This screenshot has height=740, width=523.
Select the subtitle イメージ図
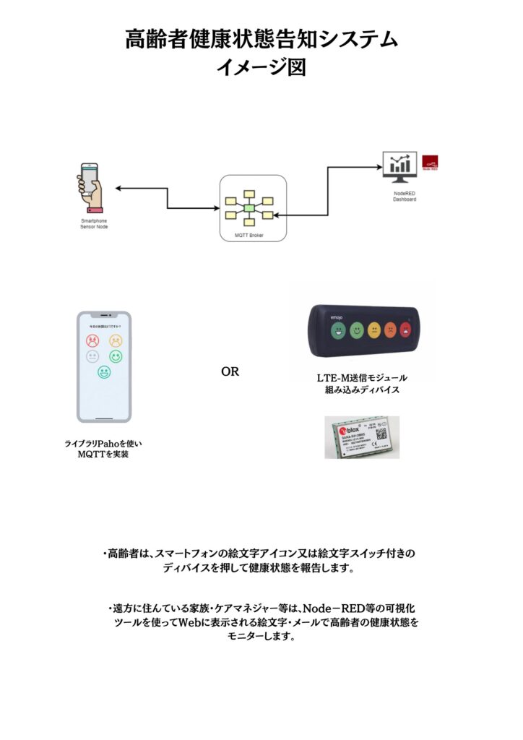261,66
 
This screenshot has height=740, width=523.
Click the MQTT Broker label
249,236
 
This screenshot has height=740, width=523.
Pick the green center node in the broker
249,207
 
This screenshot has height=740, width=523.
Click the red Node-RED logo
432,163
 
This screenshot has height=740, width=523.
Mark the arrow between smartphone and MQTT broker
168,198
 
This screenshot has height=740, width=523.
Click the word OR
230,372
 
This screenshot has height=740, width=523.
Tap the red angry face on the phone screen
92,340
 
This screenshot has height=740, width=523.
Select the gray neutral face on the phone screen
92,356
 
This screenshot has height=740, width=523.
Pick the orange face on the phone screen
116,340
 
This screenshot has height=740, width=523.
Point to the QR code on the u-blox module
381,434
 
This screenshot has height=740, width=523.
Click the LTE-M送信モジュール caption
362,378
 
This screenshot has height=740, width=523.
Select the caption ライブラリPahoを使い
103,442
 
